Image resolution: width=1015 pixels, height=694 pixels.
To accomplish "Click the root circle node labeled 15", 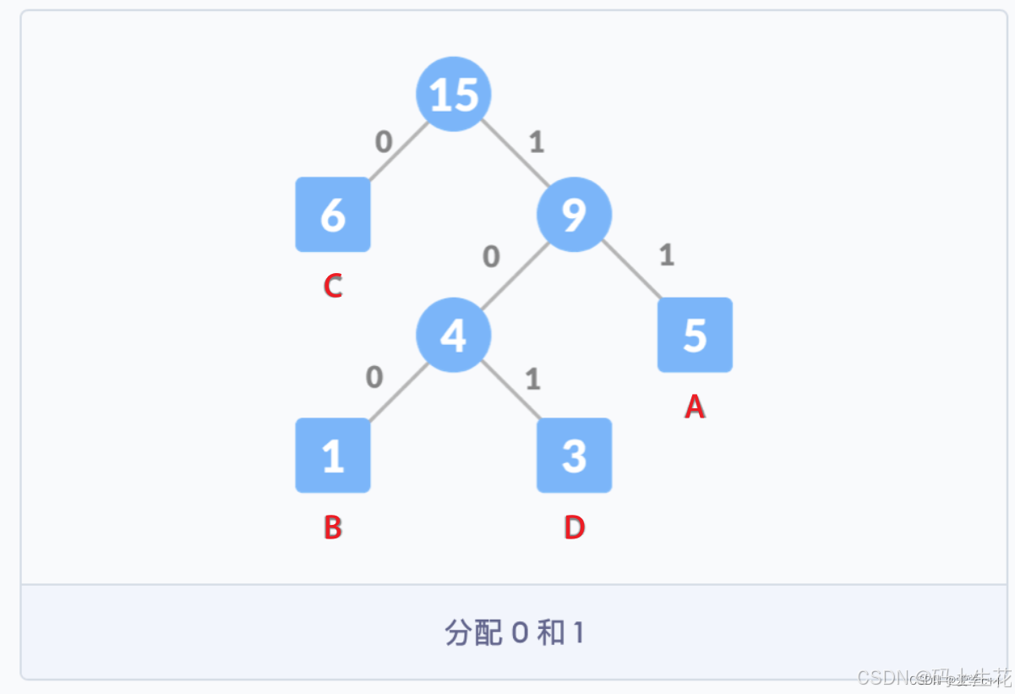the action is click(454, 94).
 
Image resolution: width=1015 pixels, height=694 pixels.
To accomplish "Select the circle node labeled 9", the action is click(574, 215).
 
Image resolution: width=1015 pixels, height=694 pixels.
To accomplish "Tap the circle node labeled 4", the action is click(454, 336).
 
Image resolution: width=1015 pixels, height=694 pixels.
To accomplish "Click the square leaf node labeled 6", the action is click(333, 215).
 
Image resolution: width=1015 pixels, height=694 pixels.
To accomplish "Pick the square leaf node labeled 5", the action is click(695, 336).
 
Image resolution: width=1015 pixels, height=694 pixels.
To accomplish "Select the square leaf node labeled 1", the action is click(333, 456).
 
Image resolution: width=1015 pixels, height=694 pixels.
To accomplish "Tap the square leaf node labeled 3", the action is click(574, 456).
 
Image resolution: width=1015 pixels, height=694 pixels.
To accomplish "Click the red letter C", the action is click(333, 287).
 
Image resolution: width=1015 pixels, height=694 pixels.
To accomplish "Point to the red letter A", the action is click(695, 407).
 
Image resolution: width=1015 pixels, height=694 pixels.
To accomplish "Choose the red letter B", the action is click(333, 527).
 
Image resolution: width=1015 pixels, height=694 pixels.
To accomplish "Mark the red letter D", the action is click(574, 527).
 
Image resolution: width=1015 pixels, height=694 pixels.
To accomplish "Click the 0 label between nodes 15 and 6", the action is click(384, 142).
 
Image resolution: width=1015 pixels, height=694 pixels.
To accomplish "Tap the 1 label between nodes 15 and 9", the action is click(536, 142).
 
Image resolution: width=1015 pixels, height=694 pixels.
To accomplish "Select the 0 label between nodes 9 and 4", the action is click(491, 256).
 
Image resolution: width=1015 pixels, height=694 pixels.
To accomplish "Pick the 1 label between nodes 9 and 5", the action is click(666, 255).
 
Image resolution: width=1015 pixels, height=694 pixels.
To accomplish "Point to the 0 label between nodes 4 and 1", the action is click(374, 378).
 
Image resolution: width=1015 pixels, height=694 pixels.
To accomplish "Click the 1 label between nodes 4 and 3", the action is click(532, 379).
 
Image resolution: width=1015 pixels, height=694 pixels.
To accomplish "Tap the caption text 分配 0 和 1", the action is click(514, 632).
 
